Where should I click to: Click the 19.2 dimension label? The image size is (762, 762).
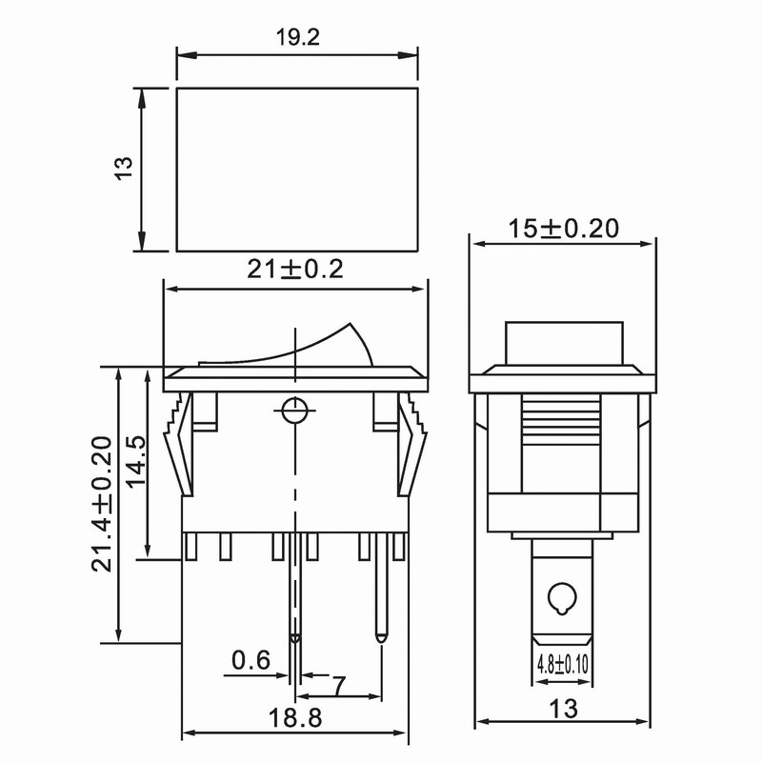(296, 37)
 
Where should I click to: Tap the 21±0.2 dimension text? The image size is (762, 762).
(295, 270)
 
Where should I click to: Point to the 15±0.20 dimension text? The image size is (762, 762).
(563, 229)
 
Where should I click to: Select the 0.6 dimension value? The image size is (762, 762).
(251, 659)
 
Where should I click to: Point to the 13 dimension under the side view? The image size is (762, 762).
(563, 709)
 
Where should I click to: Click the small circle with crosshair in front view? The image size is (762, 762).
(295, 411)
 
